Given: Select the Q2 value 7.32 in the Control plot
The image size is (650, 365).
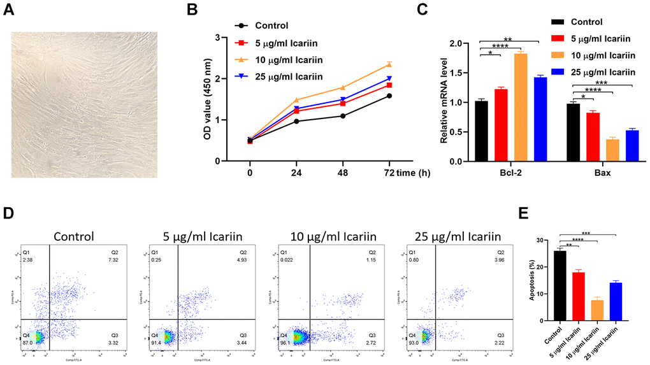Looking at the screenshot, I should pyautogui.click(x=115, y=261).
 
